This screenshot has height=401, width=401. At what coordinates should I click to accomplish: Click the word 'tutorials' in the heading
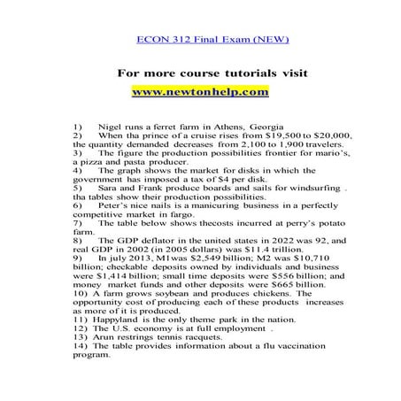(x=235, y=73)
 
